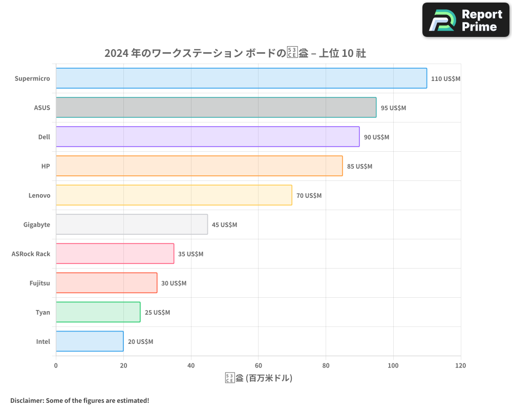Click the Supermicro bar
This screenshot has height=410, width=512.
click(241, 78)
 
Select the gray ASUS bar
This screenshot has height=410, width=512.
click(216, 108)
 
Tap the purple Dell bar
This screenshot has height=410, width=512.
click(207, 137)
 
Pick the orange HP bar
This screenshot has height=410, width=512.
click(199, 166)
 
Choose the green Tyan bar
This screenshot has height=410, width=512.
click(98, 312)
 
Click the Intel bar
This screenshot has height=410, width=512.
click(90, 341)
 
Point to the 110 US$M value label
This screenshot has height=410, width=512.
click(445, 79)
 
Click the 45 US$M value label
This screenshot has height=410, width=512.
click(224, 225)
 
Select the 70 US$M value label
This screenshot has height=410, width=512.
click(309, 196)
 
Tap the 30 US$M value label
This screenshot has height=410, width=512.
click(174, 283)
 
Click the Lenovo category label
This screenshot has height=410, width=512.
click(39, 196)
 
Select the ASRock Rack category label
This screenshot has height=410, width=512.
click(31, 254)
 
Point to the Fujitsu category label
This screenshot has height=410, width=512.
click(40, 283)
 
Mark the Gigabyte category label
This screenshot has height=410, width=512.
click(37, 225)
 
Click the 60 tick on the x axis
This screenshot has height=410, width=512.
click(258, 366)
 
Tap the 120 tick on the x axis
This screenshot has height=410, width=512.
click(460, 366)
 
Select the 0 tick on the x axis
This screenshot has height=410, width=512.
click(56, 366)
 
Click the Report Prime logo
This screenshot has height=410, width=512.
click(465, 20)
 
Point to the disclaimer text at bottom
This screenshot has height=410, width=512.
click(79, 401)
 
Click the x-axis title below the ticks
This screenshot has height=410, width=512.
click(258, 379)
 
